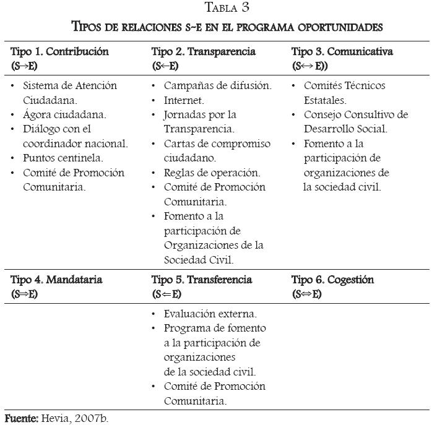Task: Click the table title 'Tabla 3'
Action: (x=227, y=9)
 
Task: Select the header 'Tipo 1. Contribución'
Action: (x=59, y=51)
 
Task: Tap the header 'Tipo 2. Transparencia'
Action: (x=204, y=51)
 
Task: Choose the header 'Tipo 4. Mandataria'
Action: (x=56, y=280)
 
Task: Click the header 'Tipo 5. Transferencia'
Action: (x=201, y=280)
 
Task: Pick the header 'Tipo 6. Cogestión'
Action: (x=332, y=280)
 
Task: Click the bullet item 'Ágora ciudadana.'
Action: (x=64, y=114)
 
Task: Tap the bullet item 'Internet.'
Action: (x=184, y=100)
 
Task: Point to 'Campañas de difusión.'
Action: (x=217, y=85)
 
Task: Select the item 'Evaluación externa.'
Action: (x=210, y=314)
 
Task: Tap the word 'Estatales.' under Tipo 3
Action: (x=325, y=100)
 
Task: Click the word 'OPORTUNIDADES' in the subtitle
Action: (x=335, y=28)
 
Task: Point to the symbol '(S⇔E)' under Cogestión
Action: (x=307, y=294)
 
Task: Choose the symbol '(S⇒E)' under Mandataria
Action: (x=25, y=294)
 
